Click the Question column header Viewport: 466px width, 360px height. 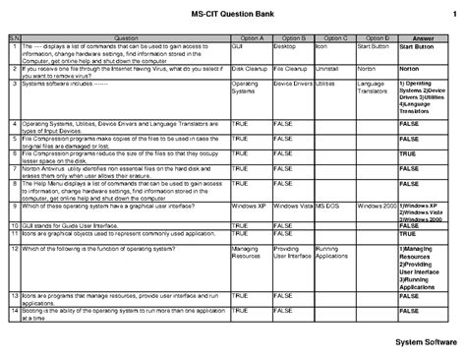[126, 36]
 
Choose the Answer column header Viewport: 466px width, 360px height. [425, 36]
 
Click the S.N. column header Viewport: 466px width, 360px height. [13, 36]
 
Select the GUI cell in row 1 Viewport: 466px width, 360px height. [239, 45]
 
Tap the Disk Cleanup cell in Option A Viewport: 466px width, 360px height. [250, 70]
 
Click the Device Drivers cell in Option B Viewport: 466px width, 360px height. [293, 86]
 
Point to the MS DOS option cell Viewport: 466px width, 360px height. [330, 206]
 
